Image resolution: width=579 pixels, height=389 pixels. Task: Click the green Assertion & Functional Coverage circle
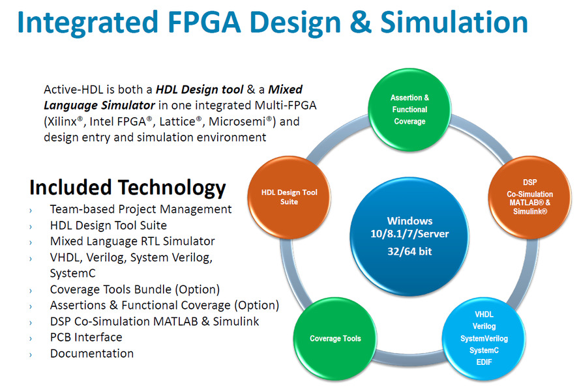click(x=409, y=109)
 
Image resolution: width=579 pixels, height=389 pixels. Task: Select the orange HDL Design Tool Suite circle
click(x=289, y=197)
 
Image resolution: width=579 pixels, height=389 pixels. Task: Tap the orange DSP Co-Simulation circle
click(x=529, y=197)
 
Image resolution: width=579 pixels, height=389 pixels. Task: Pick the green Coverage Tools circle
click(x=335, y=338)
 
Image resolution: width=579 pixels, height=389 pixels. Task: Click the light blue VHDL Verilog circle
click(x=484, y=338)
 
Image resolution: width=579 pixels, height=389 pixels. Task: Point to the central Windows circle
click(x=409, y=237)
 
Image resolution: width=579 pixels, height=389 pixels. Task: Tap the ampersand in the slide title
click(x=361, y=22)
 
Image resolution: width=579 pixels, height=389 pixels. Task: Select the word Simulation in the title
click(x=454, y=22)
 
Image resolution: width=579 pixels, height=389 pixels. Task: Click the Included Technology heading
click(x=128, y=188)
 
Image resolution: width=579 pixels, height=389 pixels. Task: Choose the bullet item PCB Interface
click(x=86, y=338)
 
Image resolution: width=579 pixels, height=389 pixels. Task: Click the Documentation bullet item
click(x=92, y=354)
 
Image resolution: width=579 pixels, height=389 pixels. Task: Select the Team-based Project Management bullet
click(x=141, y=209)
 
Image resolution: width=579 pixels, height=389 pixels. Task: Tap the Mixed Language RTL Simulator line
click(x=132, y=241)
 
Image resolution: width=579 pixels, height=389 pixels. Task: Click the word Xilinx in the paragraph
click(x=61, y=121)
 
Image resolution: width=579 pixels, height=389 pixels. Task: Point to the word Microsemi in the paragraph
click(x=237, y=121)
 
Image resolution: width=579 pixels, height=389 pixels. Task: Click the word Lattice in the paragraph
click(x=177, y=121)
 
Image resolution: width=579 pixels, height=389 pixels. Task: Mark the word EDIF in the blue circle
click(x=484, y=362)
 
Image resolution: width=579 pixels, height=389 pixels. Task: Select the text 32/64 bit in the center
click(x=409, y=252)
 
